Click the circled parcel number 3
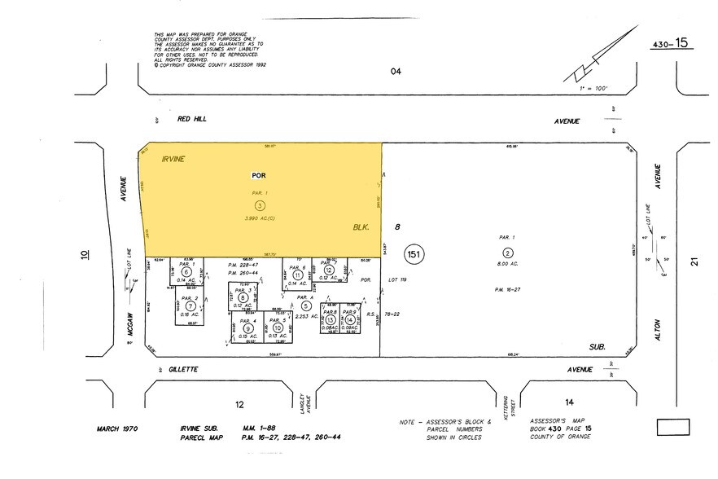260,205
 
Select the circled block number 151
415,254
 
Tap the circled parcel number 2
508,253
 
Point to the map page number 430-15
672,43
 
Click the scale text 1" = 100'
593,87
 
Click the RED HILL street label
192,119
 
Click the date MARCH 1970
120,428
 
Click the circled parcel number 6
187,272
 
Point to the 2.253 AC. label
306,315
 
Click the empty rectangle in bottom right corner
672,427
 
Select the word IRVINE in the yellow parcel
174,159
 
